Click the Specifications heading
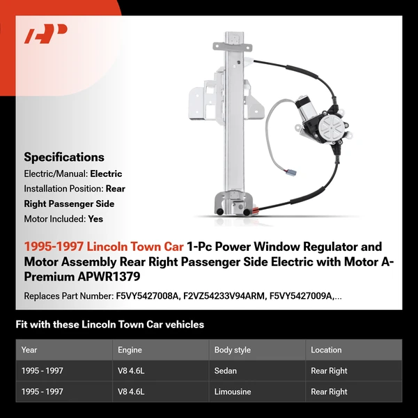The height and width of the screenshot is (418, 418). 64,157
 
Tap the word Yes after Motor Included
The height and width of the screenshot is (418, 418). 96,219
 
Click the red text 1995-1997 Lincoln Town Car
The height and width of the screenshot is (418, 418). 104,247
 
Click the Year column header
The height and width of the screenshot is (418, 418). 29,350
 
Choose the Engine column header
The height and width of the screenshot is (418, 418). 130,350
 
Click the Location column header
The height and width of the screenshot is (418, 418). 326,350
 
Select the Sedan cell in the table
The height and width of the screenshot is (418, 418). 226,371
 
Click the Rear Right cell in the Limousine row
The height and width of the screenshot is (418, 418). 329,392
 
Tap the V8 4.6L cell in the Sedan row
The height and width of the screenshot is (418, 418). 131,371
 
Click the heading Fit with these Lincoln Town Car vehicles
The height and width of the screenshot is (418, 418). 110,325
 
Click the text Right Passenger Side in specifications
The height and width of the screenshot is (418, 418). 69,203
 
